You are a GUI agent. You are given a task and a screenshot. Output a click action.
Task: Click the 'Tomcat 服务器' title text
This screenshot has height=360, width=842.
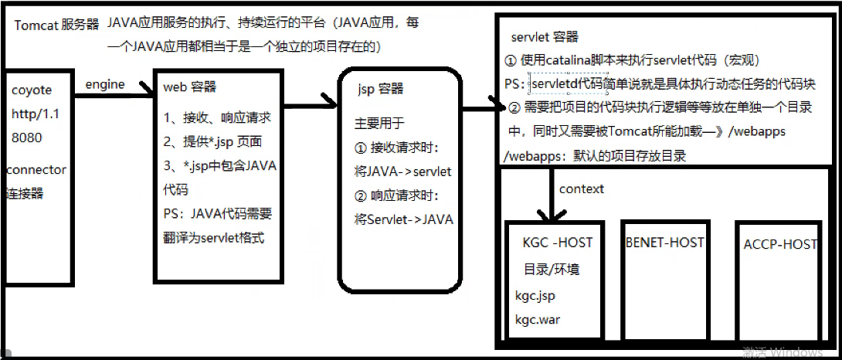pos(56,24)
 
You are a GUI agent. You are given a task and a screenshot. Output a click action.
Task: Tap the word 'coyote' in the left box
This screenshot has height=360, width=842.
pos(32,90)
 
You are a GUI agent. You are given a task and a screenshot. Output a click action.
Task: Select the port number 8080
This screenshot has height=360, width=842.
pos(27,138)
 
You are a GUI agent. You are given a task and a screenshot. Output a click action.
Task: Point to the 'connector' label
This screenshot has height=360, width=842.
pos(36,170)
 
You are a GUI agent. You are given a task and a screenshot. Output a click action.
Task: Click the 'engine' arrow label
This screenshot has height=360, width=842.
pos(104,84)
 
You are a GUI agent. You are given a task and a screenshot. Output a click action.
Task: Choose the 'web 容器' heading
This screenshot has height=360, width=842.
pos(190,87)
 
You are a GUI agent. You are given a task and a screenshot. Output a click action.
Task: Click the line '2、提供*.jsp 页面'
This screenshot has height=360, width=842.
pos(212,141)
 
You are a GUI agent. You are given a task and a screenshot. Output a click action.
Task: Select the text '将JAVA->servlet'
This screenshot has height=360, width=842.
pos(403,171)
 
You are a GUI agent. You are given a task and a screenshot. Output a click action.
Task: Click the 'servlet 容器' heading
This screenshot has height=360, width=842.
pos(545,37)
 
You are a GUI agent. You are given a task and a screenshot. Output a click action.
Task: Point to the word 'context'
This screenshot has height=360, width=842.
pos(582,188)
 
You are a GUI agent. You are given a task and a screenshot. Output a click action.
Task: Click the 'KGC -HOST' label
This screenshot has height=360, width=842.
pos(557,243)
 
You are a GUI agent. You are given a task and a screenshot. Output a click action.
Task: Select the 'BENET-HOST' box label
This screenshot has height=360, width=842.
pos(665,242)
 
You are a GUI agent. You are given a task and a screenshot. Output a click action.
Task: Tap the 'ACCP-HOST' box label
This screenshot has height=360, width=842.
pos(780,244)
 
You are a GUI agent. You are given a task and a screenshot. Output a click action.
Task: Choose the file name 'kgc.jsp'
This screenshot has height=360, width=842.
pos(535,295)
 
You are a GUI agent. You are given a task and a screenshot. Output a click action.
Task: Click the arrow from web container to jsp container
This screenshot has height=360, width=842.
pos(309,100)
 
